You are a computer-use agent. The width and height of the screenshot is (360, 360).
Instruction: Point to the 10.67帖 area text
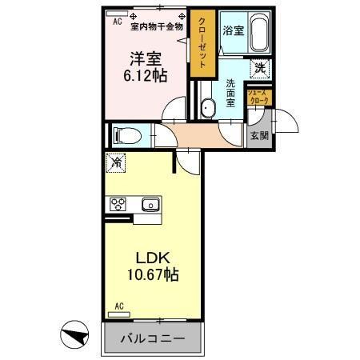[148, 275]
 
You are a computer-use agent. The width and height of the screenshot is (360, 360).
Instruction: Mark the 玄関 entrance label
[258, 135]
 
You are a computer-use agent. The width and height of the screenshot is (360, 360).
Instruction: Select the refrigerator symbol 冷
[117, 163]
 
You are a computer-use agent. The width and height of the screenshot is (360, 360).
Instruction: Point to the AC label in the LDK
[118, 306]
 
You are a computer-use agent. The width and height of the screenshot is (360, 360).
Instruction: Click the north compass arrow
[72, 332]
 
